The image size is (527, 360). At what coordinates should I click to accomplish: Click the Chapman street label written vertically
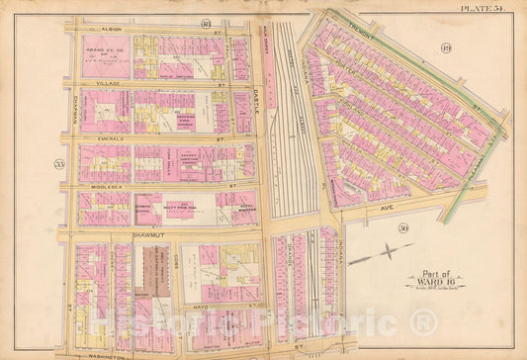72,109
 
